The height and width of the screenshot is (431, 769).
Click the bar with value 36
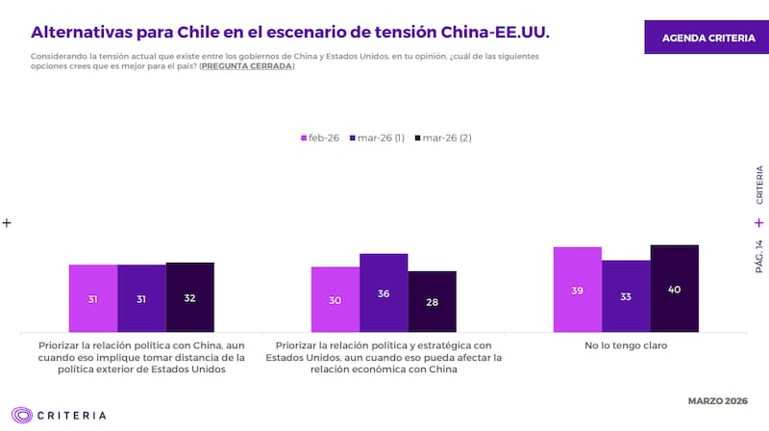(x=384, y=292)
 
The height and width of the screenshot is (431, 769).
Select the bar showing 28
(x=432, y=301)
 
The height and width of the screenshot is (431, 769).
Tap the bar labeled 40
(x=674, y=289)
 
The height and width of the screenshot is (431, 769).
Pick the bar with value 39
(x=577, y=289)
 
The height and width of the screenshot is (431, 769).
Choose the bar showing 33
(x=626, y=295)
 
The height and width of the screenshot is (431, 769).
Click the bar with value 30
(x=335, y=299)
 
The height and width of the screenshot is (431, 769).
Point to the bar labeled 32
(x=189, y=297)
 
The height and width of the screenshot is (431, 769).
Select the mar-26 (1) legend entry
(x=378, y=138)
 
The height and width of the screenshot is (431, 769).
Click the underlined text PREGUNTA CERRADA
(x=247, y=66)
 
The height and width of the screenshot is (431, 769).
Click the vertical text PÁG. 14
(x=759, y=257)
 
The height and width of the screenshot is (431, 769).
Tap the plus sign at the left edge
(x=7, y=222)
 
